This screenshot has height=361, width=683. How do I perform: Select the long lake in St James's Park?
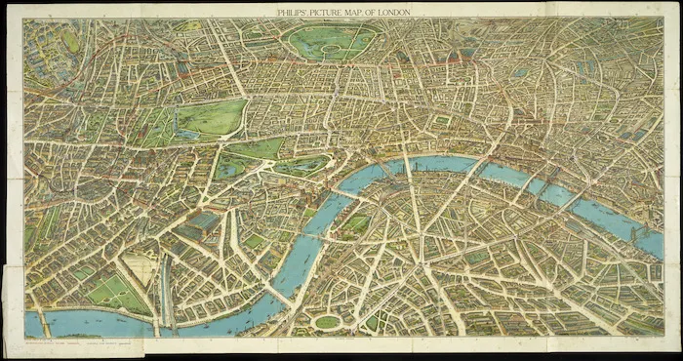[294, 167]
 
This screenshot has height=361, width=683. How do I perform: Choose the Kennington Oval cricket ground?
[327, 321]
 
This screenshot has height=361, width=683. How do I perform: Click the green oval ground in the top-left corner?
[70, 42]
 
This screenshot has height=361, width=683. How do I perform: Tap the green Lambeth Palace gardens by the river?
[356, 223]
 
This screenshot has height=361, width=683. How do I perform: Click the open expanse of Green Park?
[259, 149]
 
